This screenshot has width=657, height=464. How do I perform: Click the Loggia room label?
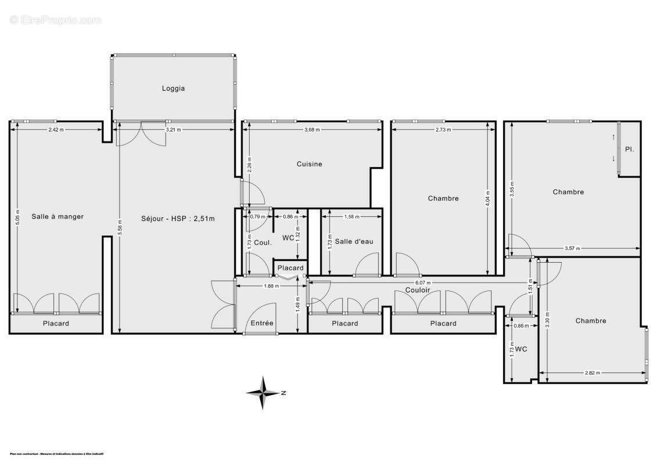[x=173, y=89]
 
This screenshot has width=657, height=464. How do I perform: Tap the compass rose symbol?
[x=264, y=393]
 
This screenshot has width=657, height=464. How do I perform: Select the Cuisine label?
[x=309, y=164]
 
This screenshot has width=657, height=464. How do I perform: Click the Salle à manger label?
[x=58, y=216]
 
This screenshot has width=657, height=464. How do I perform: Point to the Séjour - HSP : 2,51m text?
[x=178, y=219]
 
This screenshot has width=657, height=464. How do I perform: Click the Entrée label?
[x=262, y=323]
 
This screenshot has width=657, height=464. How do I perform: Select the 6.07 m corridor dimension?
[x=423, y=282]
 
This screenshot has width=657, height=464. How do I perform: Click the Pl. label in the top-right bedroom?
[x=629, y=149]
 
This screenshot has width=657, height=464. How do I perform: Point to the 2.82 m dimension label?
[x=592, y=374]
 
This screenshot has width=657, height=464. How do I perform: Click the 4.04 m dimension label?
[x=488, y=198]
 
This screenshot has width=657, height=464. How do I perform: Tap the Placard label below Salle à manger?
[x=56, y=324]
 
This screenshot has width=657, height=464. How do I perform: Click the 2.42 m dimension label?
[x=56, y=130]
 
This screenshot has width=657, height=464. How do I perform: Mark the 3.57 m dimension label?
[x=572, y=249]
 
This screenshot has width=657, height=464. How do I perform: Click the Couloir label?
[x=418, y=289]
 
